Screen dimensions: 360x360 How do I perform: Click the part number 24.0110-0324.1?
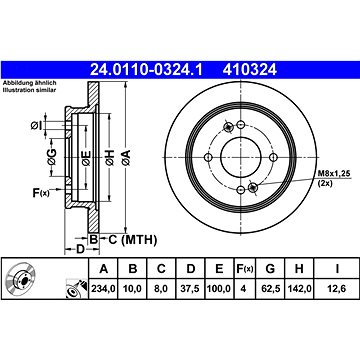click(x=146, y=70)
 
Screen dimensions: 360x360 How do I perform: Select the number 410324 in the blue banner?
click(x=250, y=70)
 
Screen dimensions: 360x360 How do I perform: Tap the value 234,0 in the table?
click(x=103, y=289)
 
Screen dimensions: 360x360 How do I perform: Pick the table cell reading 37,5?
click(x=190, y=289)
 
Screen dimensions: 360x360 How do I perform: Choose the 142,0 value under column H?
click(x=299, y=289)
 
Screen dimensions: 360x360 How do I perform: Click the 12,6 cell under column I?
click(x=337, y=289)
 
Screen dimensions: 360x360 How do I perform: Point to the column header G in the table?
click(x=270, y=268)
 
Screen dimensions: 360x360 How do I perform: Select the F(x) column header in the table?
click(x=245, y=268)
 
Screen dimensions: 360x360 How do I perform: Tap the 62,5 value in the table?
click(x=270, y=289)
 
